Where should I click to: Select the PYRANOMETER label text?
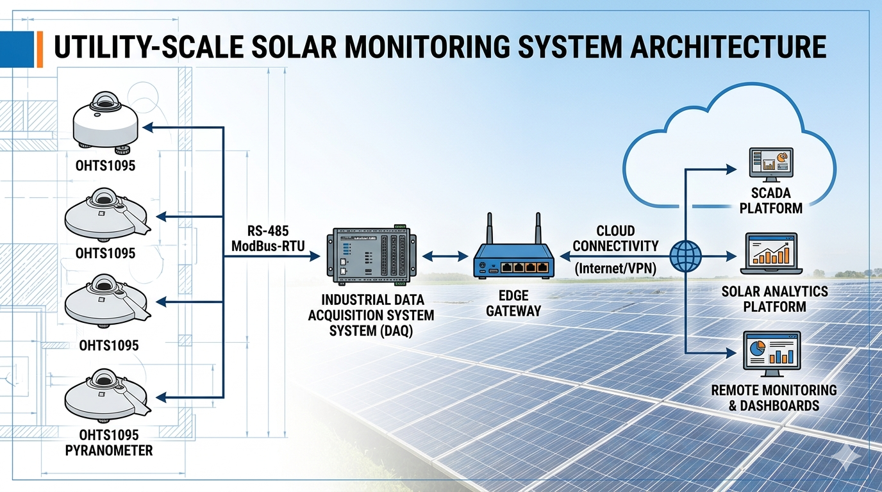[110, 450]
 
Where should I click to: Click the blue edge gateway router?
[513, 263]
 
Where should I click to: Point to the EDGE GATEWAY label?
[513, 303]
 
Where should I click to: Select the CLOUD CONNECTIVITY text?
[615, 238]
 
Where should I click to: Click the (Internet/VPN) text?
[615, 268]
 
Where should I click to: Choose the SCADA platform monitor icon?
[771, 164]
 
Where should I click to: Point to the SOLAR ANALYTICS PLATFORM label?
[774, 299]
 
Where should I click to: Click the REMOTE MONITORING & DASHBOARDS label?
[774, 397]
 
